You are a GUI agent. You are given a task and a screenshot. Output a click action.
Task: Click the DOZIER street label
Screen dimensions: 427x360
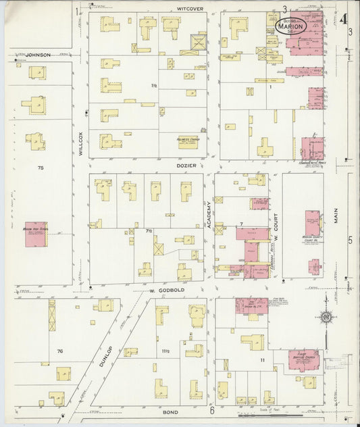pos(187,164)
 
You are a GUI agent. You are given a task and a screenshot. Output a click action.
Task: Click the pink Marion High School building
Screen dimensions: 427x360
pos(35,234)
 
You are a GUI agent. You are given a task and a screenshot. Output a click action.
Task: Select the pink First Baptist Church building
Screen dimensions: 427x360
pos(300,361)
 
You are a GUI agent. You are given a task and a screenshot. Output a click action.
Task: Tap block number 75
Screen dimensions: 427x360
pos(41,167)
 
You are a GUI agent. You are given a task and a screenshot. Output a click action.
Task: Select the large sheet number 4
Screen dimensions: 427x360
pos(344,17)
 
